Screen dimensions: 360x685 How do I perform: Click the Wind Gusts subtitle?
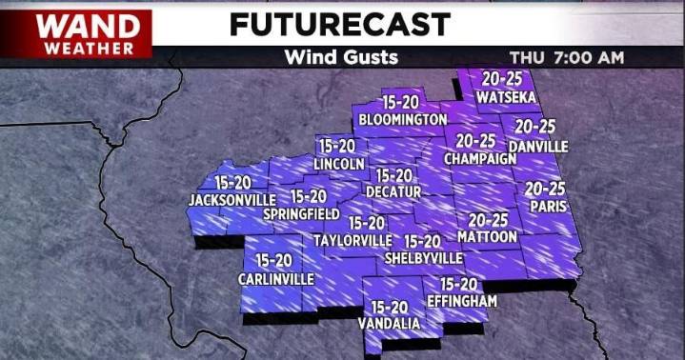coord(341,58)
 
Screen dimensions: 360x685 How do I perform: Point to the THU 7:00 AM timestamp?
coord(567,58)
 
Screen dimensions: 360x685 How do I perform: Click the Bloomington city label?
coord(403,120)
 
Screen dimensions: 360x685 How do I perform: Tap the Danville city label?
coord(538,147)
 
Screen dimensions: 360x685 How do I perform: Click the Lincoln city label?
coord(339,165)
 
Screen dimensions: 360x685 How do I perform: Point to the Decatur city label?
coord(393,192)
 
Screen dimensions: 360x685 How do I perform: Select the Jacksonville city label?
coord(232,200)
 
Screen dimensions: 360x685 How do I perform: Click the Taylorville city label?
coord(353,240)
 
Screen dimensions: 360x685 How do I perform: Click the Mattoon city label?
coord(487,236)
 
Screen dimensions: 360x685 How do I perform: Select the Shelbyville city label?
coord(423,258)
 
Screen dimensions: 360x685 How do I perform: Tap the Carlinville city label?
coord(275,279)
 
